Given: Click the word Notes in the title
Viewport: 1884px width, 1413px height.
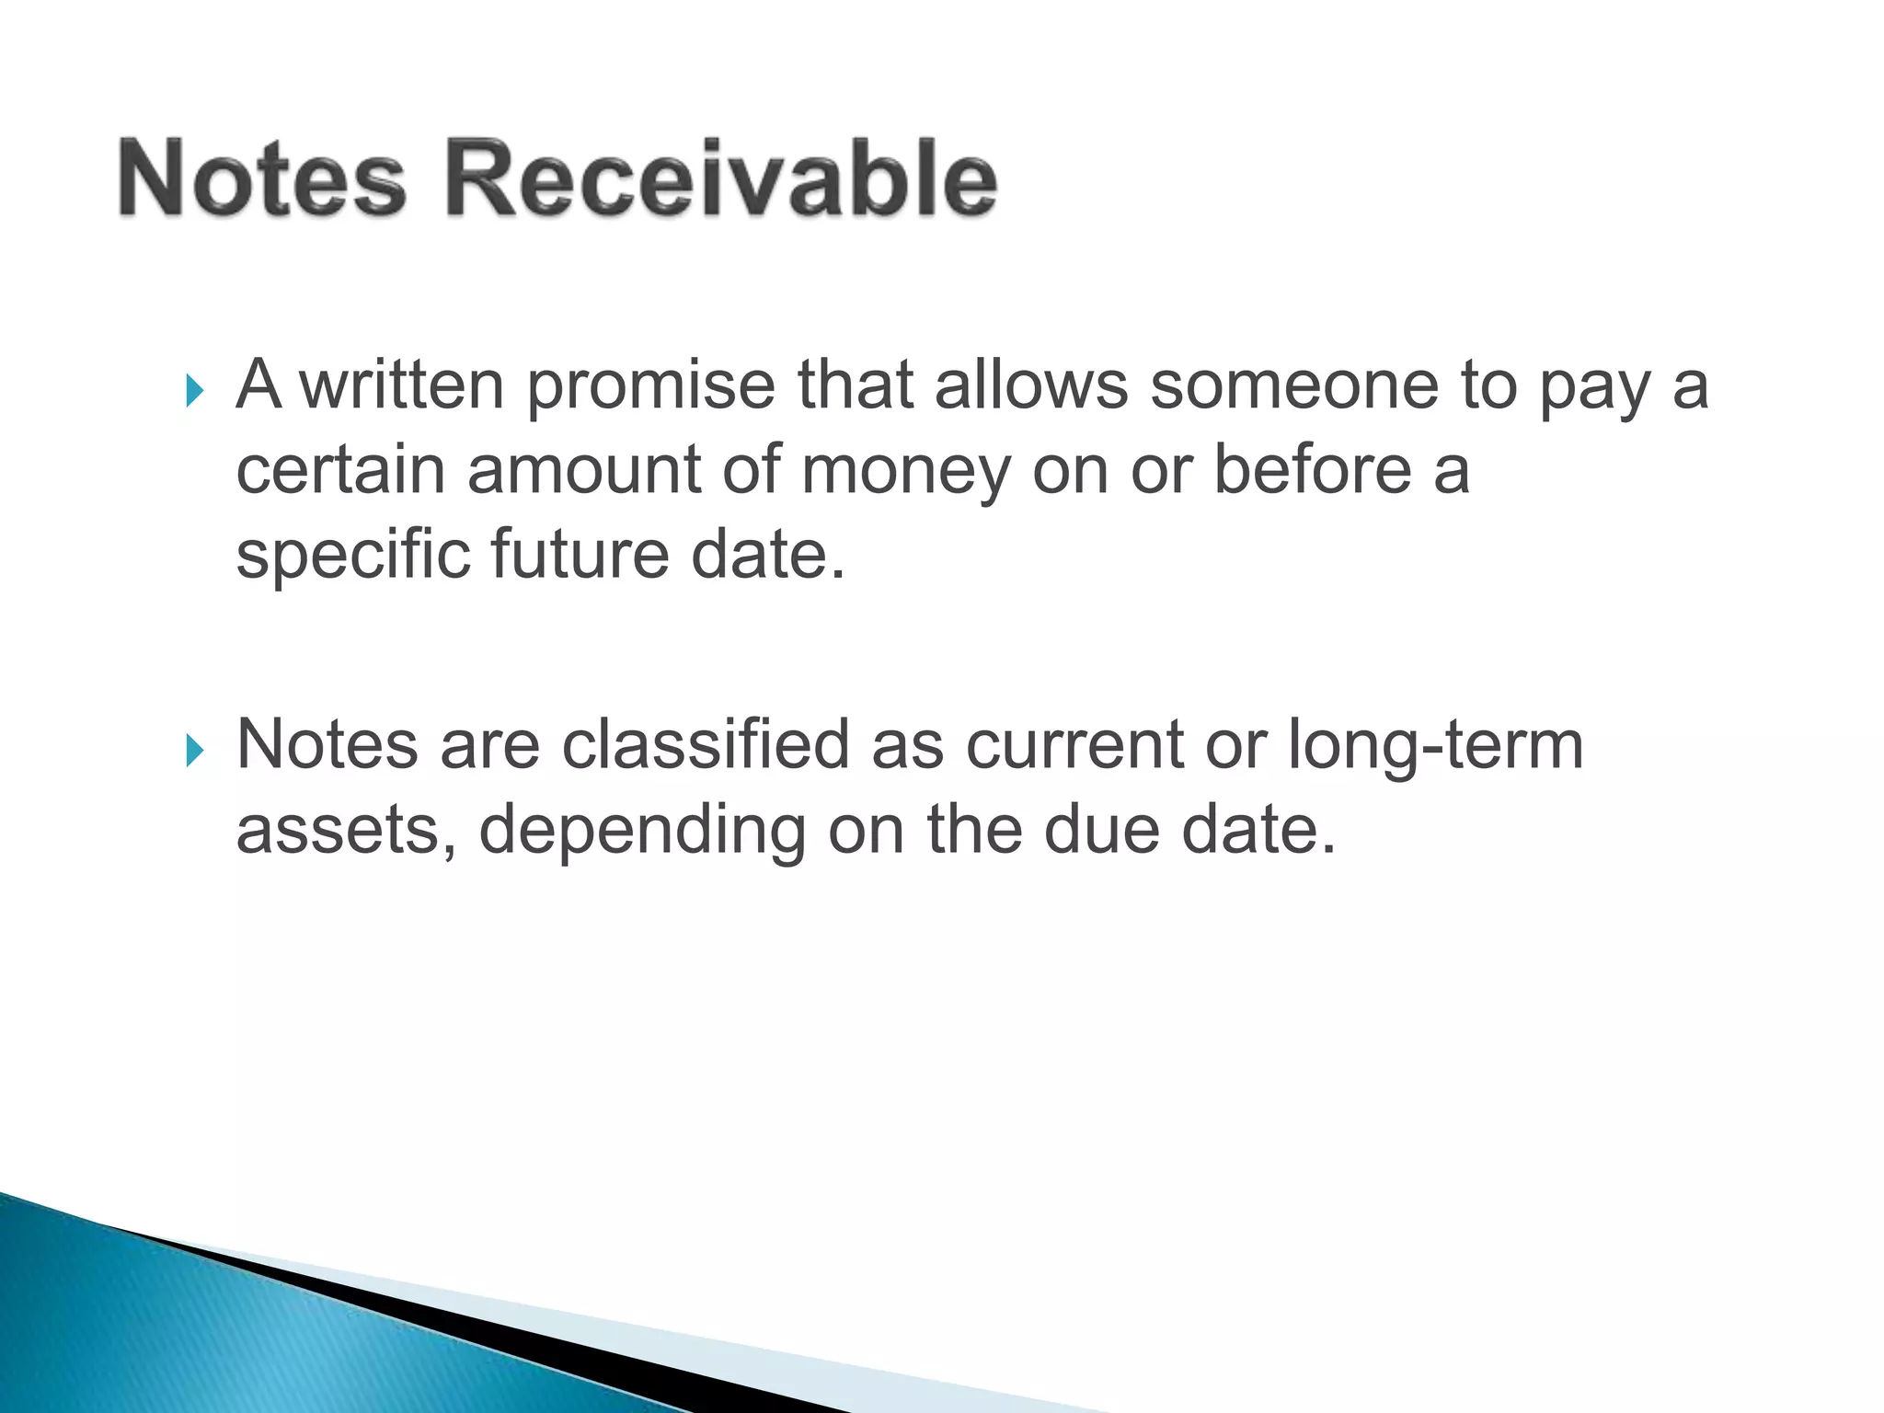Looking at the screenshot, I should click(262, 178).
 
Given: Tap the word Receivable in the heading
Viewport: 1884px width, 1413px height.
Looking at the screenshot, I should click(721, 178).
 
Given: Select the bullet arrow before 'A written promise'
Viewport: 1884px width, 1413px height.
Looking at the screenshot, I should click(193, 391).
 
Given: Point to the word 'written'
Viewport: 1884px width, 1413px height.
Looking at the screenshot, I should click(403, 385).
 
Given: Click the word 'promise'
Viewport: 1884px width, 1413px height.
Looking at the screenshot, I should click(650, 387).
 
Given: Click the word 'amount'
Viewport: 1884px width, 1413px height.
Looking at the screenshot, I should click(583, 470).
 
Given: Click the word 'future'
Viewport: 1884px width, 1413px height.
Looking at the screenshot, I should click(580, 555).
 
